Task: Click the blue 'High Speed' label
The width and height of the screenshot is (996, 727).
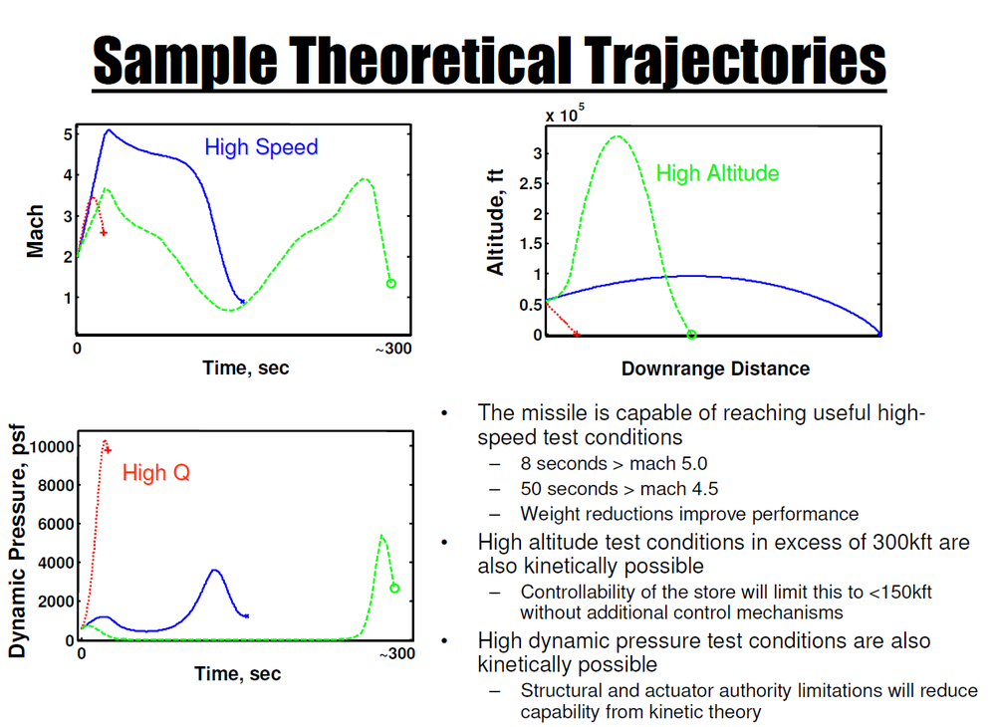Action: click(x=261, y=147)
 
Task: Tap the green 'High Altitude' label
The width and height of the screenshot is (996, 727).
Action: click(x=717, y=173)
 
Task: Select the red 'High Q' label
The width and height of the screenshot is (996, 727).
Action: click(x=155, y=472)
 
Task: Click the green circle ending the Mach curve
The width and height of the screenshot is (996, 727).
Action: click(x=390, y=284)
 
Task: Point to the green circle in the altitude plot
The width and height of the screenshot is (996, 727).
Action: click(x=691, y=335)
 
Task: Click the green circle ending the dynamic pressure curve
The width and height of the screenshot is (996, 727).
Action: click(x=394, y=589)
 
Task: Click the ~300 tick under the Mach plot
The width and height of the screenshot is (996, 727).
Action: click(x=392, y=349)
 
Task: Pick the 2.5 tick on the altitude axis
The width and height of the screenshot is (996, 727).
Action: click(x=528, y=183)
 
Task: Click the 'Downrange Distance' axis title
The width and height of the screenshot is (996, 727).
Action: click(x=715, y=368)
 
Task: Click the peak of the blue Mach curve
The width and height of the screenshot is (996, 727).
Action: click(x=109, y=129)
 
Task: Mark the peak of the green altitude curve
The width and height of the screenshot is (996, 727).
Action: click(x=618, y=136)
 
